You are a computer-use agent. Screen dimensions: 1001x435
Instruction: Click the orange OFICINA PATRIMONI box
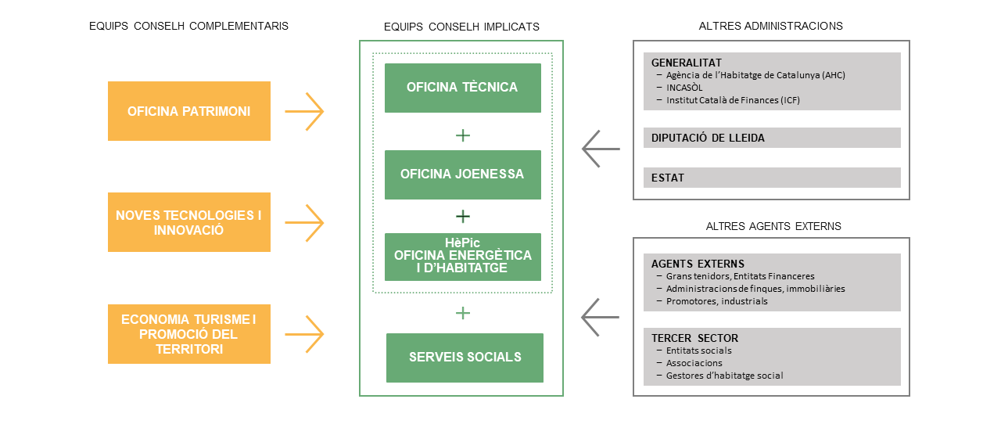click(x=189, y=111)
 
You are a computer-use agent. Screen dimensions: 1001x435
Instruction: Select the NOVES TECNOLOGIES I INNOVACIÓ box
click(x=189, y=222)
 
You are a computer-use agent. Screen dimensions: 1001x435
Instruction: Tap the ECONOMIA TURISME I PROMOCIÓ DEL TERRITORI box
click(x=189, y=334)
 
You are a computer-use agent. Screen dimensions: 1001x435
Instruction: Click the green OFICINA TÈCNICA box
click(x=462, y=88)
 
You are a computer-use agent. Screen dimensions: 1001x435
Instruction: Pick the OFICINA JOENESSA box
click(x=462, y=174)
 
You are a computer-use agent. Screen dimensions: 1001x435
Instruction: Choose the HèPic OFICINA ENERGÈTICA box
click(x=462, y=257)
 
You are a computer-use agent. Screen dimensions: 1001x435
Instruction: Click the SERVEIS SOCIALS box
click(x=465, y=358)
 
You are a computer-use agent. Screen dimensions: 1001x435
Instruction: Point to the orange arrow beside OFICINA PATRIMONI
click(x=304, y=111)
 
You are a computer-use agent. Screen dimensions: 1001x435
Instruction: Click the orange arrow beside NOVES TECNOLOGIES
click(x=304, y=223)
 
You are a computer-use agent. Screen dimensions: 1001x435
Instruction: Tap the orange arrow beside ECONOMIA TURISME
click(x=304, y=334)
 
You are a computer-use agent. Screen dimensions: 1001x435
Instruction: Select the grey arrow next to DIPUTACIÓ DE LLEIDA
click(x=601, y=149)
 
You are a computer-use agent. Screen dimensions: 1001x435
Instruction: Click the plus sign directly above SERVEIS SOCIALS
click(x=463, y=313)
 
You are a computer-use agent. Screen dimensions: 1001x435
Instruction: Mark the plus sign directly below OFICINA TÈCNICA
click(x=463, y=135)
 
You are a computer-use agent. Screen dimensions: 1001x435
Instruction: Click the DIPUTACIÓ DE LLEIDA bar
click(x=772, y=138)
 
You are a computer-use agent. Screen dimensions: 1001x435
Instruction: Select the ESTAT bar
click(x=772, y=178)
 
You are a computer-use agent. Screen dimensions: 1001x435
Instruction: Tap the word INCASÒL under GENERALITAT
click(x=684, y=88)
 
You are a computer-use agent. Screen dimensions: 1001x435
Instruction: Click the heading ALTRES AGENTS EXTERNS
click(x=773, y=226)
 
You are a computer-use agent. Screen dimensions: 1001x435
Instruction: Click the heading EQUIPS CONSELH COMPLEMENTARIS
click(x=188, y=26)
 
